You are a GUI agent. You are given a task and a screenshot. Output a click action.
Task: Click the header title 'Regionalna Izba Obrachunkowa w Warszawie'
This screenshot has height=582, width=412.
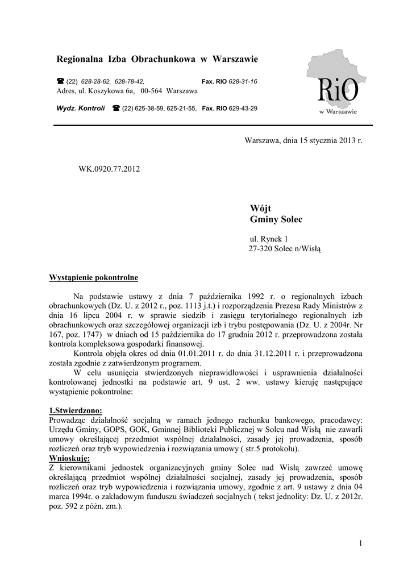[x=157, y=59]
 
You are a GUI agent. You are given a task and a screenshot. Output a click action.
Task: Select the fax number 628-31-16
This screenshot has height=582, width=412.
[x=243, y=82]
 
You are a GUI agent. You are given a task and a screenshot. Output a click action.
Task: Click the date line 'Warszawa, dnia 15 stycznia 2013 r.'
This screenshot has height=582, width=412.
[x=303, y=140]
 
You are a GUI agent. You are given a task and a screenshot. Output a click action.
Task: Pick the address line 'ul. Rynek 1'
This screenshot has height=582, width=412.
[x=269, y=239]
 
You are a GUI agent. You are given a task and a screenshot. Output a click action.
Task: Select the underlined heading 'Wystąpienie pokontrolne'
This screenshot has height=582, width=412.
[x=94, y=278]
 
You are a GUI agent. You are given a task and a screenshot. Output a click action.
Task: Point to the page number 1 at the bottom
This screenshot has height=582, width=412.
[x=360, y=544]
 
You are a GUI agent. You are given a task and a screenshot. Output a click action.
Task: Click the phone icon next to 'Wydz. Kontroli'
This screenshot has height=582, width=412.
[x=116, y=108]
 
